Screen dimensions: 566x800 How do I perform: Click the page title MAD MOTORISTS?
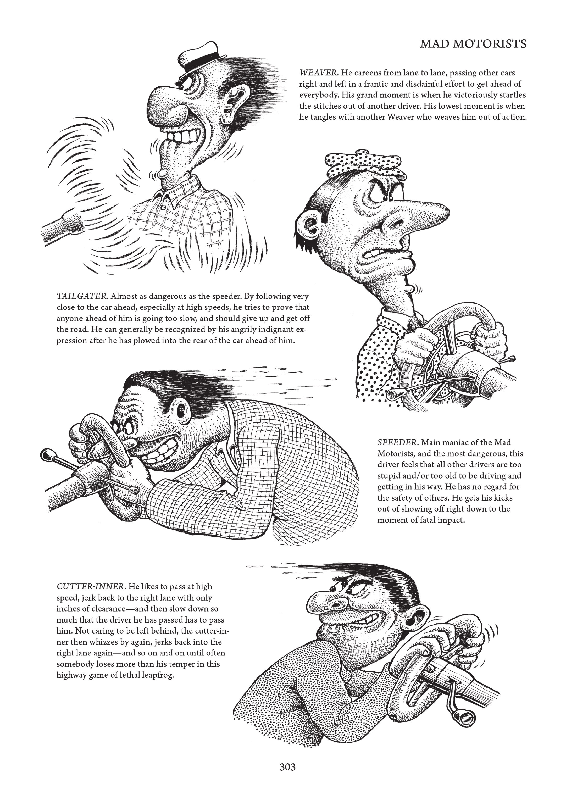click(473, 44)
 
